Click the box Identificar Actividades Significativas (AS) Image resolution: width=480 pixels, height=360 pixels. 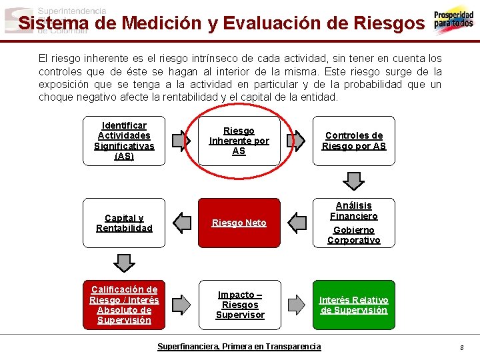pos(124,141)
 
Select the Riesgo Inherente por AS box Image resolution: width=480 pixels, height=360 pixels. pos(239,141)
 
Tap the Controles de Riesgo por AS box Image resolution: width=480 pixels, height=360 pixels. pos(353,141)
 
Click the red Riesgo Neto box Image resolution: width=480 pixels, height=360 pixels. pos(239,223)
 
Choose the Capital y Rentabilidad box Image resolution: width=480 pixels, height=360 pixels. pos(124,223)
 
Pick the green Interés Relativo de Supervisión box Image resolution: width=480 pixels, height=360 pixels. pos(353,305)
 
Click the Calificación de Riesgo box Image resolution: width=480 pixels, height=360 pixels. pos(124,305)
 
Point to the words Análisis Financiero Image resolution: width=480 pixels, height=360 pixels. pos(353,211)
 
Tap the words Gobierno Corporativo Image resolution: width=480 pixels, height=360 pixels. pos(353,235)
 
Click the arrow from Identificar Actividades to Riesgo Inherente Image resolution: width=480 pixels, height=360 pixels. pos(180,141)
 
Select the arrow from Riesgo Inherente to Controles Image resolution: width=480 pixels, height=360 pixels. pos(296,141)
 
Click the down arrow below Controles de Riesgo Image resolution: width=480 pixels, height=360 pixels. pos(353,181)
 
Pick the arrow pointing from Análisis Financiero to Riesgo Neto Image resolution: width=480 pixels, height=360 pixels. pos(296,223)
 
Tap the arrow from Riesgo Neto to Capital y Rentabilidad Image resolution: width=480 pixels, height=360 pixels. pos(181,223)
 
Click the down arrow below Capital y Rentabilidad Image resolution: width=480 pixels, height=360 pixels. pos(124,263)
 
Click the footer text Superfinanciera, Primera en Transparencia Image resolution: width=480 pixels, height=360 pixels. pos(239,347)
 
